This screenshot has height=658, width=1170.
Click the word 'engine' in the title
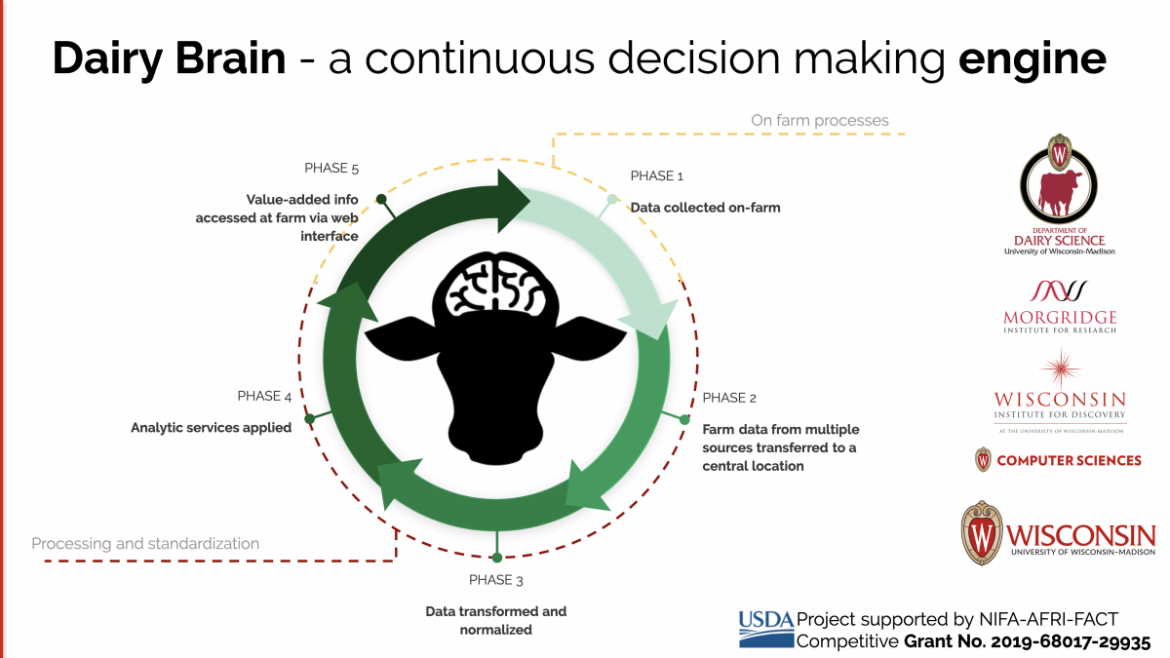pos(1033,59)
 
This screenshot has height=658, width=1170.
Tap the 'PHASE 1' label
pos(657,175)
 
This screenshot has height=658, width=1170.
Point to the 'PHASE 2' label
pos(729,398)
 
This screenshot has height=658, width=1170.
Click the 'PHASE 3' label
pos(496,580)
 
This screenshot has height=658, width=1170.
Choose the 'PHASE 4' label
pos(264,396)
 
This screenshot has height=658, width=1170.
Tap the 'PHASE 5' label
pos(331,168)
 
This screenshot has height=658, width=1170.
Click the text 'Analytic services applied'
pos(211,427)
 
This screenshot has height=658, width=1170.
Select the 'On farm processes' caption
pos(819,120)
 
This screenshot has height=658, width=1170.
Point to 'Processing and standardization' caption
pos(145,543)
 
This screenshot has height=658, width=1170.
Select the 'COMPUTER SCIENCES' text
pos(1069,460)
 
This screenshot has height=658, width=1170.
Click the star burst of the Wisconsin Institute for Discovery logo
pos(1060,369)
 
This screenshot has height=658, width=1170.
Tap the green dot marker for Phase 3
pos(497,558)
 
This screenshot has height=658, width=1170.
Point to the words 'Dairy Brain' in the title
pos(170,59)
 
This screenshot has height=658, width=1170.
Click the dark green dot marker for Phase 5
pos(381,199)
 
